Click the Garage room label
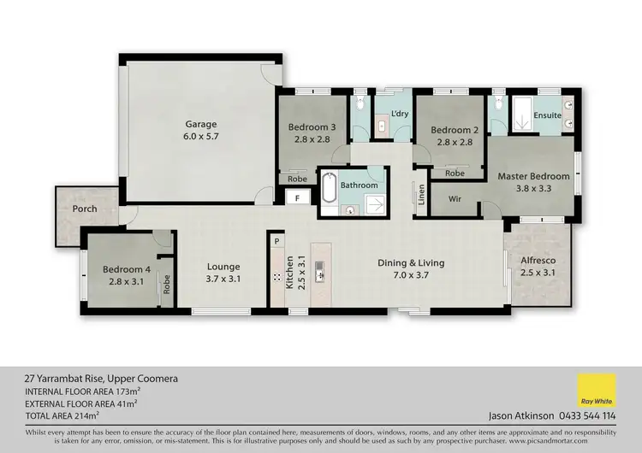pyautogui.click(x=201, y=124)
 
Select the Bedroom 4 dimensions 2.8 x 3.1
pyautogui.click(x=127, y=281)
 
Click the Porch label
pyautogui.click(x=85, y=209)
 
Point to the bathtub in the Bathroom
pyautogui.click(x=330, y=188)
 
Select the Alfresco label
pyautogui.click(x=538, y=260)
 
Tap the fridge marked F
pyautogui.click(x=297, y=197)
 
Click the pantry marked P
pyautogui.click(x=276, y=242)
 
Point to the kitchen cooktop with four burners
pyautogui.click(x=276, y=278)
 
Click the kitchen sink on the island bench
pyautogui.click(x=319, y=272)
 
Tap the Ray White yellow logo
pyautogui.click(x=597, y=392)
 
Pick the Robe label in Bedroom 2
pyautogui.click(x=455, y=173)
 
